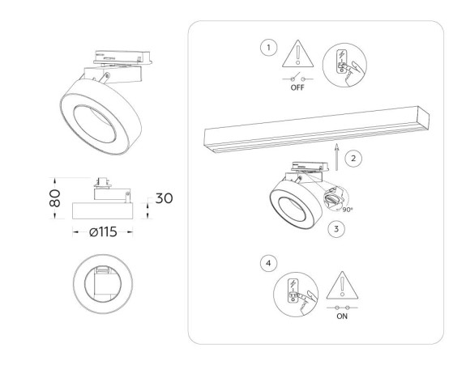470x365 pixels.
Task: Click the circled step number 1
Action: pyautogui.click(x=269, y=49)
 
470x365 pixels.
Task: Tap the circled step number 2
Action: pyautogui.click(x=354, y=158)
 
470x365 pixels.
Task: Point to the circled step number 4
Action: pyautogui.click(x=268, y=264)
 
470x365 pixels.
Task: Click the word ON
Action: pyautogui.click(x=341, y=317)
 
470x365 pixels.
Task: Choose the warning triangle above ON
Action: pyautogui.click(x=341, y=286)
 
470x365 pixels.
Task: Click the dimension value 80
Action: pyautogui.click(x=53, y=197)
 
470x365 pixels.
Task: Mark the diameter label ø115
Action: pyautogui.click(x=105, y=232)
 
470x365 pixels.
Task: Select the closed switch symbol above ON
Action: pyautogui.click(x=341, y=308)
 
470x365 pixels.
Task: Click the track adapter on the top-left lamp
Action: pyautogui.click(x=122, y=60)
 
